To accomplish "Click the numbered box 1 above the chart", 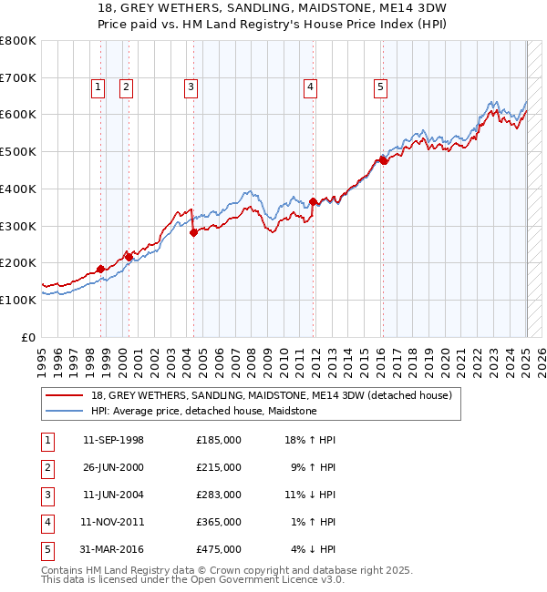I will (97, 87).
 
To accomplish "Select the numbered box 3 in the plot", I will (191, 87).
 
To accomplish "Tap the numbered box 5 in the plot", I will (379, 87).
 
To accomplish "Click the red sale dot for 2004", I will (194, 232).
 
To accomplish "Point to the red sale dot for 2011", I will (314, 201).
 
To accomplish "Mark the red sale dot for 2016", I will (384, 161).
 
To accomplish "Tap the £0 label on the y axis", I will (29, 337).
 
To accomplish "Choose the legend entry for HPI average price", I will (203, 411).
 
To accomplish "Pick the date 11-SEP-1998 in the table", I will (113, 440).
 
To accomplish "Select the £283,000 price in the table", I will (219, 495).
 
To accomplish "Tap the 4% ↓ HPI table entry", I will (314, 549).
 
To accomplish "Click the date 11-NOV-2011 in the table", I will (113, 522).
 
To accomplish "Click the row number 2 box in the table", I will (46, 467).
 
